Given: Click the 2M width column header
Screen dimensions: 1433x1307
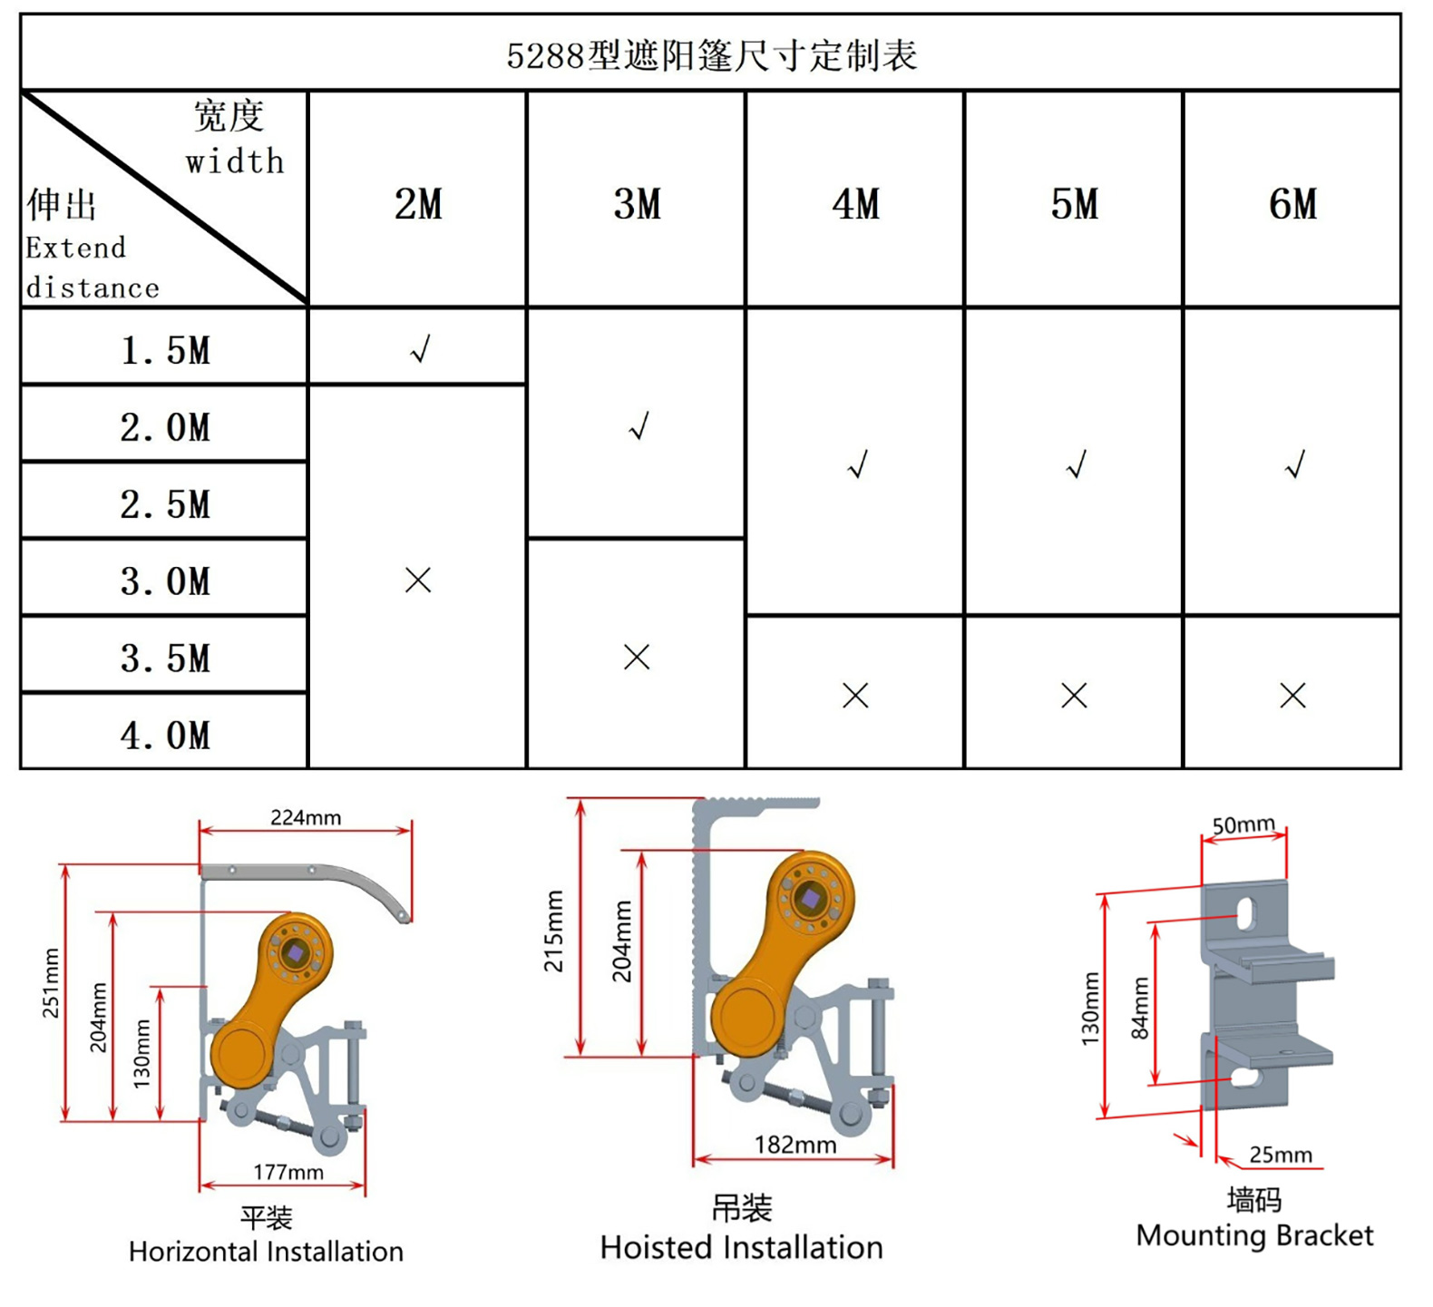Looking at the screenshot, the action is [418, 204].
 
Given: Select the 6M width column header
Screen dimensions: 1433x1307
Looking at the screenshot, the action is [1293, 204].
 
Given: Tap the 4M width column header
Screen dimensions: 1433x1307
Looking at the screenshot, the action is [856, 204].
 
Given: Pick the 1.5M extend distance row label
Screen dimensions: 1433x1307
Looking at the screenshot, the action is [165, 350].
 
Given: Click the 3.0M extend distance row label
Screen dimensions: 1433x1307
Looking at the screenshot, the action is [165, 581].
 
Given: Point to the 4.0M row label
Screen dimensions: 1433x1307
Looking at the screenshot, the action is [165, 736].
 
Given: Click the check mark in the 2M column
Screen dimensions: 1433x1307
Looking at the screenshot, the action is [420, 348].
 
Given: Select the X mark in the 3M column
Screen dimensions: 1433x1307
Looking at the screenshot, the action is [637, 657].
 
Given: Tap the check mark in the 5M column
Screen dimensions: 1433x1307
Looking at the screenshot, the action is [1077, 464].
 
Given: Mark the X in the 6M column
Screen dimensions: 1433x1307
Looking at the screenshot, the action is [1292, 696].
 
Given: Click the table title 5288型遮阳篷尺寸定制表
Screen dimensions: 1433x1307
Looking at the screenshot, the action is [712, 55].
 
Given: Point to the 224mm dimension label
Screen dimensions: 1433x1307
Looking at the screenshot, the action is [306, 817].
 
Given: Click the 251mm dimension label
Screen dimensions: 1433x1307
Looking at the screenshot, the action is [52, 983].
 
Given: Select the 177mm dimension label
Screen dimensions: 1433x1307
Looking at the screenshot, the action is [288, 1172].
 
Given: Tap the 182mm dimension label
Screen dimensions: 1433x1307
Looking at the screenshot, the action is [795, 1145].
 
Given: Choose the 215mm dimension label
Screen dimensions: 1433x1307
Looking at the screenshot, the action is [553, 931].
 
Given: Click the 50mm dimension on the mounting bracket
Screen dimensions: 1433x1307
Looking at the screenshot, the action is [1243, 824].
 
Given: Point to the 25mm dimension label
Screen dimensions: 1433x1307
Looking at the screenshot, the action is [1281, 1155].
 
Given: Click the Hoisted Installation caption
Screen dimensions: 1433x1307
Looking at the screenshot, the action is [741, 1247].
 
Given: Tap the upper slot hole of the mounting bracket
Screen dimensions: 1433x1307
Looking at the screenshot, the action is [1246, 913].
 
